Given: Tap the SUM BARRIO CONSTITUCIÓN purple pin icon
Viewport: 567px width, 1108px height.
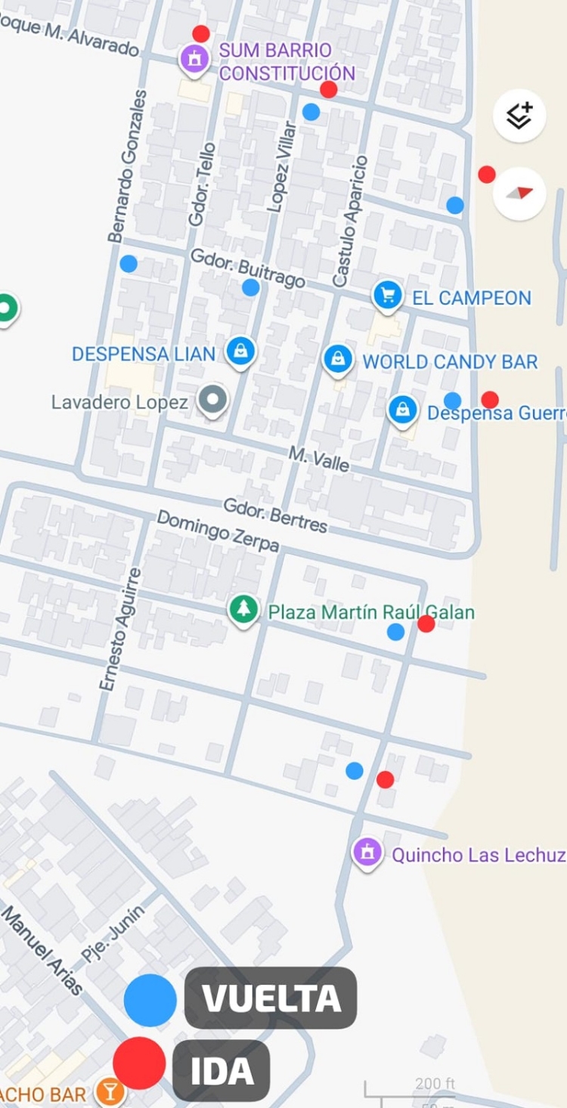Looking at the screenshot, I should pos(194,58).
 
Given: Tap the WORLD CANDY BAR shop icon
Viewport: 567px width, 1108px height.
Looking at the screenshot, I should pos(338,359).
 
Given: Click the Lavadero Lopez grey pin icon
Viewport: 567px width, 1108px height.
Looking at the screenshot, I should pos(212,399).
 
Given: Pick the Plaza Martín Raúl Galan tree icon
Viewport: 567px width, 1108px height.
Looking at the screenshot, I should pos(243,609).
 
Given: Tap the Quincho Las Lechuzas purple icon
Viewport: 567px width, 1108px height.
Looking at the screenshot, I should pos(367,852).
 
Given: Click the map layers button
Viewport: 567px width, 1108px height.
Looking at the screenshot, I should pos(519,116).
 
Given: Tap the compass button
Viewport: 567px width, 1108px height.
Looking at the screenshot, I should pos(519,193).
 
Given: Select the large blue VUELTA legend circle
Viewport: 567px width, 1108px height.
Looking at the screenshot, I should pos(150,1000).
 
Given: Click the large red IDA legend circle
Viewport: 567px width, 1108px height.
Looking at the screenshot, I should pos(139,1063).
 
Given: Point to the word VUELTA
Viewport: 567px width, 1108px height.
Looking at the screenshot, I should pos(271,999).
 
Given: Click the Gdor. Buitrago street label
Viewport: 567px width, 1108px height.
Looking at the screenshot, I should pos(248,268).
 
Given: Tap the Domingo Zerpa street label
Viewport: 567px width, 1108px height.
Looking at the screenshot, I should pos(218,531).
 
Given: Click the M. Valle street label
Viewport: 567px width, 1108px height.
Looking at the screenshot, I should pos(319,458).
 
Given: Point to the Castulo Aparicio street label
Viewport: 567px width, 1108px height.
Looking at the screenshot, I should pos(350,221).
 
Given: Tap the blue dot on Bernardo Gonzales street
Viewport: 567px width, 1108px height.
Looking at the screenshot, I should pos(129,264).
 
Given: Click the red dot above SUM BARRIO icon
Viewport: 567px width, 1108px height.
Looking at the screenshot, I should pos(200,33).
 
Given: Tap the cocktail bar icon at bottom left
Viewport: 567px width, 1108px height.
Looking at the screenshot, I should pos(110,1092).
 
